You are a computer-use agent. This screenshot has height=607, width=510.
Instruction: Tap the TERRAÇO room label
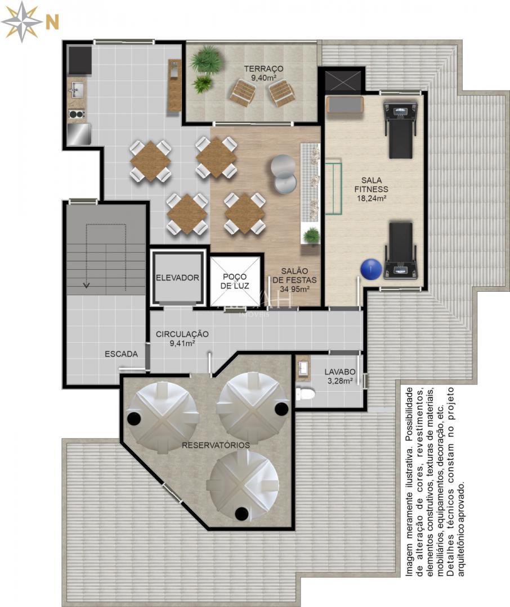tap(263, 69)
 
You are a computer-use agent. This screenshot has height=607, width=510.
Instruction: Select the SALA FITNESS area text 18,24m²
tap(371, 198)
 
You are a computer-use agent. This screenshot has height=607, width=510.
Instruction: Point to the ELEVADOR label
tap(177, 278)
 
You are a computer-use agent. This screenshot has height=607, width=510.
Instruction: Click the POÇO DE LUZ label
tap(235, 281)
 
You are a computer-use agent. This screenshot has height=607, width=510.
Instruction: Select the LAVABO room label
tap(340, 372)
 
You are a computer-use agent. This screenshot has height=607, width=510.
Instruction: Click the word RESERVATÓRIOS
tap(216, 445)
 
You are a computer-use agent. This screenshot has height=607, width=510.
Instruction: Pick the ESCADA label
tap(121, 354)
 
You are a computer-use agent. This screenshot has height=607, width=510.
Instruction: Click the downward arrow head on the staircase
tap(86, 285)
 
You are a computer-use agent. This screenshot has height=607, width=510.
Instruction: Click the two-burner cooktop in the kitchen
tap(77, 114)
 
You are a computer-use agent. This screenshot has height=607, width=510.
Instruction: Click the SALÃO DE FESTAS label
tap(294, 280)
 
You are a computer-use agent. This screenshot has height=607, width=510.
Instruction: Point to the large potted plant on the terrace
tap(207, 61)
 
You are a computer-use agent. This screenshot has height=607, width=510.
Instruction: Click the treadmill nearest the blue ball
tap(401, 250)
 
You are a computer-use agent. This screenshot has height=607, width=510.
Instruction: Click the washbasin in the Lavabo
tap(303, 367)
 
